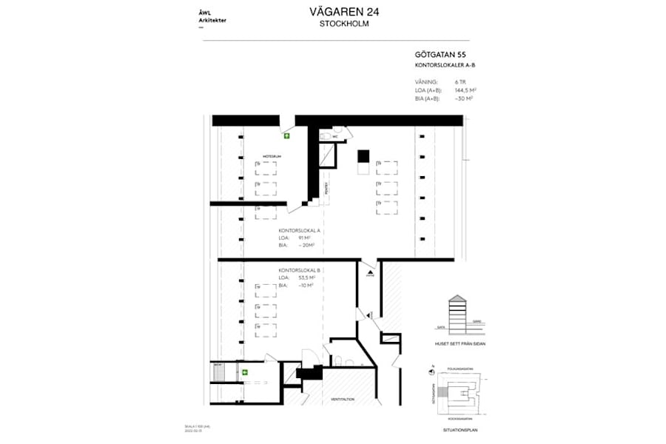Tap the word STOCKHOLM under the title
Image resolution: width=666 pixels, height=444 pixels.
[x=344, y=24]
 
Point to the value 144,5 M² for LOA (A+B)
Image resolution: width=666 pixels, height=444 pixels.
[x=464, y=90]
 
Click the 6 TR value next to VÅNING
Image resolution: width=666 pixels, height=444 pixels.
[x=460, y=81]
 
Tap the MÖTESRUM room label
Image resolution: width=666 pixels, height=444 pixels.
[x=271, y=157]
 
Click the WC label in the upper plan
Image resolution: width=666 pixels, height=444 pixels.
[x=334, y=137]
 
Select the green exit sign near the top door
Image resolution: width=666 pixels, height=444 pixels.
[x=286, y=136]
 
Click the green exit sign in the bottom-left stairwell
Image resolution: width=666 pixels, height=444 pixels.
[x=243, y=372]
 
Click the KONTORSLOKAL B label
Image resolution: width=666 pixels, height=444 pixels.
[x=298, y=271]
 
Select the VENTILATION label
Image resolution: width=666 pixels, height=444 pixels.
[x=343, y=399]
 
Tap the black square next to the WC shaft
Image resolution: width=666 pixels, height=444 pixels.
[x=363, y=155]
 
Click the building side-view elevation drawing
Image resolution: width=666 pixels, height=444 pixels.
[x=458, y=314]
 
